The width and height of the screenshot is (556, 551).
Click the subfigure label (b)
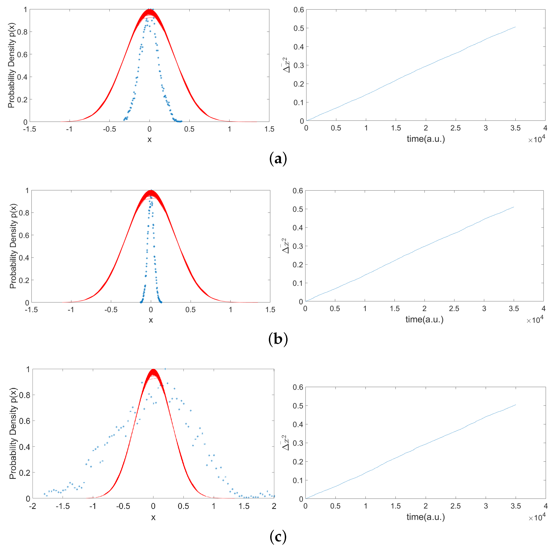[278, 339]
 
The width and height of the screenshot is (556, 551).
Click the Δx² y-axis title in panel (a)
[286, 65]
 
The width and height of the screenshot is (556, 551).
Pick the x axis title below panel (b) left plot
[151, 320]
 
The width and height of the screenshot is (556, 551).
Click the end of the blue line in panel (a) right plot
[515, 27]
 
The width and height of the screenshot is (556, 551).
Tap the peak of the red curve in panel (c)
[153, 370]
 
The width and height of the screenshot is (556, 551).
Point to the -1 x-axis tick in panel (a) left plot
[69, 129]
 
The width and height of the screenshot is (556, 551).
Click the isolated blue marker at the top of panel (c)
[165, 369]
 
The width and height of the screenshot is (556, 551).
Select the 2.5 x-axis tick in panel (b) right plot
[454, 309]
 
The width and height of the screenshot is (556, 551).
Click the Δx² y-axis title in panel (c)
[285, 443]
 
